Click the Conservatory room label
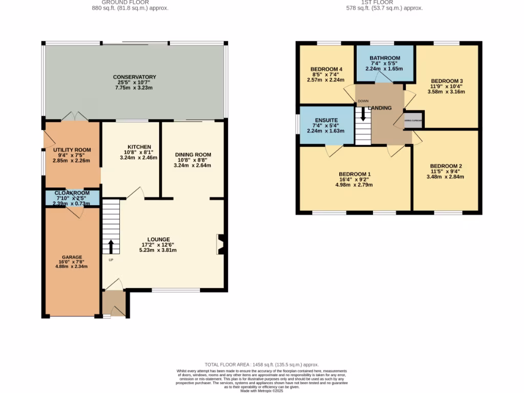[x=134, y=77]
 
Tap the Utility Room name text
[x=72, y=150]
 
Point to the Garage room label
[x=72, y=257]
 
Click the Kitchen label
[x=132, y=146]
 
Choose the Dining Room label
[x=192, y=155]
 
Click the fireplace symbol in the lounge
[x=221, y=244]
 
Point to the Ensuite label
[x=325, y=120]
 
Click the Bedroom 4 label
[x=326, y=69]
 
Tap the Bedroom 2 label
[x=446, y=166]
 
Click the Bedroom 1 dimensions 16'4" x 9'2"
[x=354, y=180]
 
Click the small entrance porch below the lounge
[x=114, y=303]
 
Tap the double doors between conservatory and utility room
[x=75, y=117]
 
